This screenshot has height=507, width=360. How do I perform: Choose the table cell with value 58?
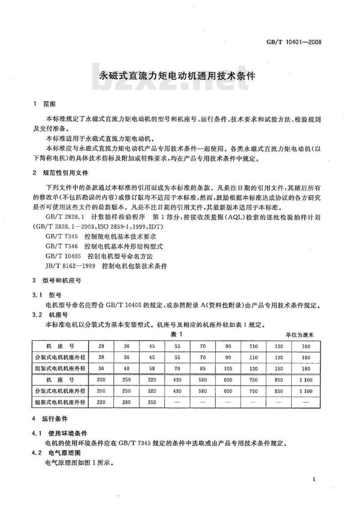pyautogui.click(x=152, y=368)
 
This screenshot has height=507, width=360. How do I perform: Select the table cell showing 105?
pyautogui.click(x=228, y=368)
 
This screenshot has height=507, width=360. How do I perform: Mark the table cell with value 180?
pyautogui.click(x=306, y=368)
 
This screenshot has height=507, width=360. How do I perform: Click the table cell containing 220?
pyautogui.click(x=101, y=402)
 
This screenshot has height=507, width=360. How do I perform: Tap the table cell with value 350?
pyautogui.click(x=152, y=402)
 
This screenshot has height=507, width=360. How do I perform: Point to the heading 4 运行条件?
pyautogui.click(x=50, y=418)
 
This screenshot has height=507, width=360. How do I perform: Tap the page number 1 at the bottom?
pyautogui.click(x=313, y=480)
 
